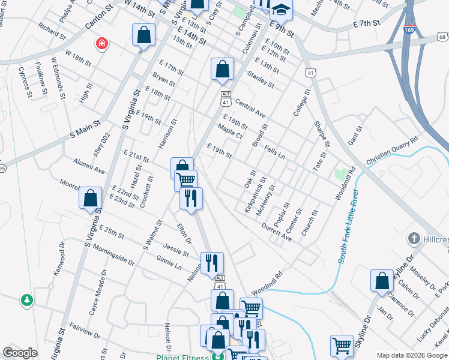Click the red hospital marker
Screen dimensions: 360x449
pyautogui.click(x=102, y=43)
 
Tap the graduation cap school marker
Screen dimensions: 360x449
pyautogui.click(x=280, y=9)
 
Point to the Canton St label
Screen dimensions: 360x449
pyautogui.click(x=100, y=26)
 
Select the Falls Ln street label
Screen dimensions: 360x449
pyautogui.click(x=273, y=150)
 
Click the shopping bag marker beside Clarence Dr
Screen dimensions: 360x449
pyautogui.click(x=382, y=281)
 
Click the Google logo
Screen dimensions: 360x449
pyautogui.click(x=20, y=353)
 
